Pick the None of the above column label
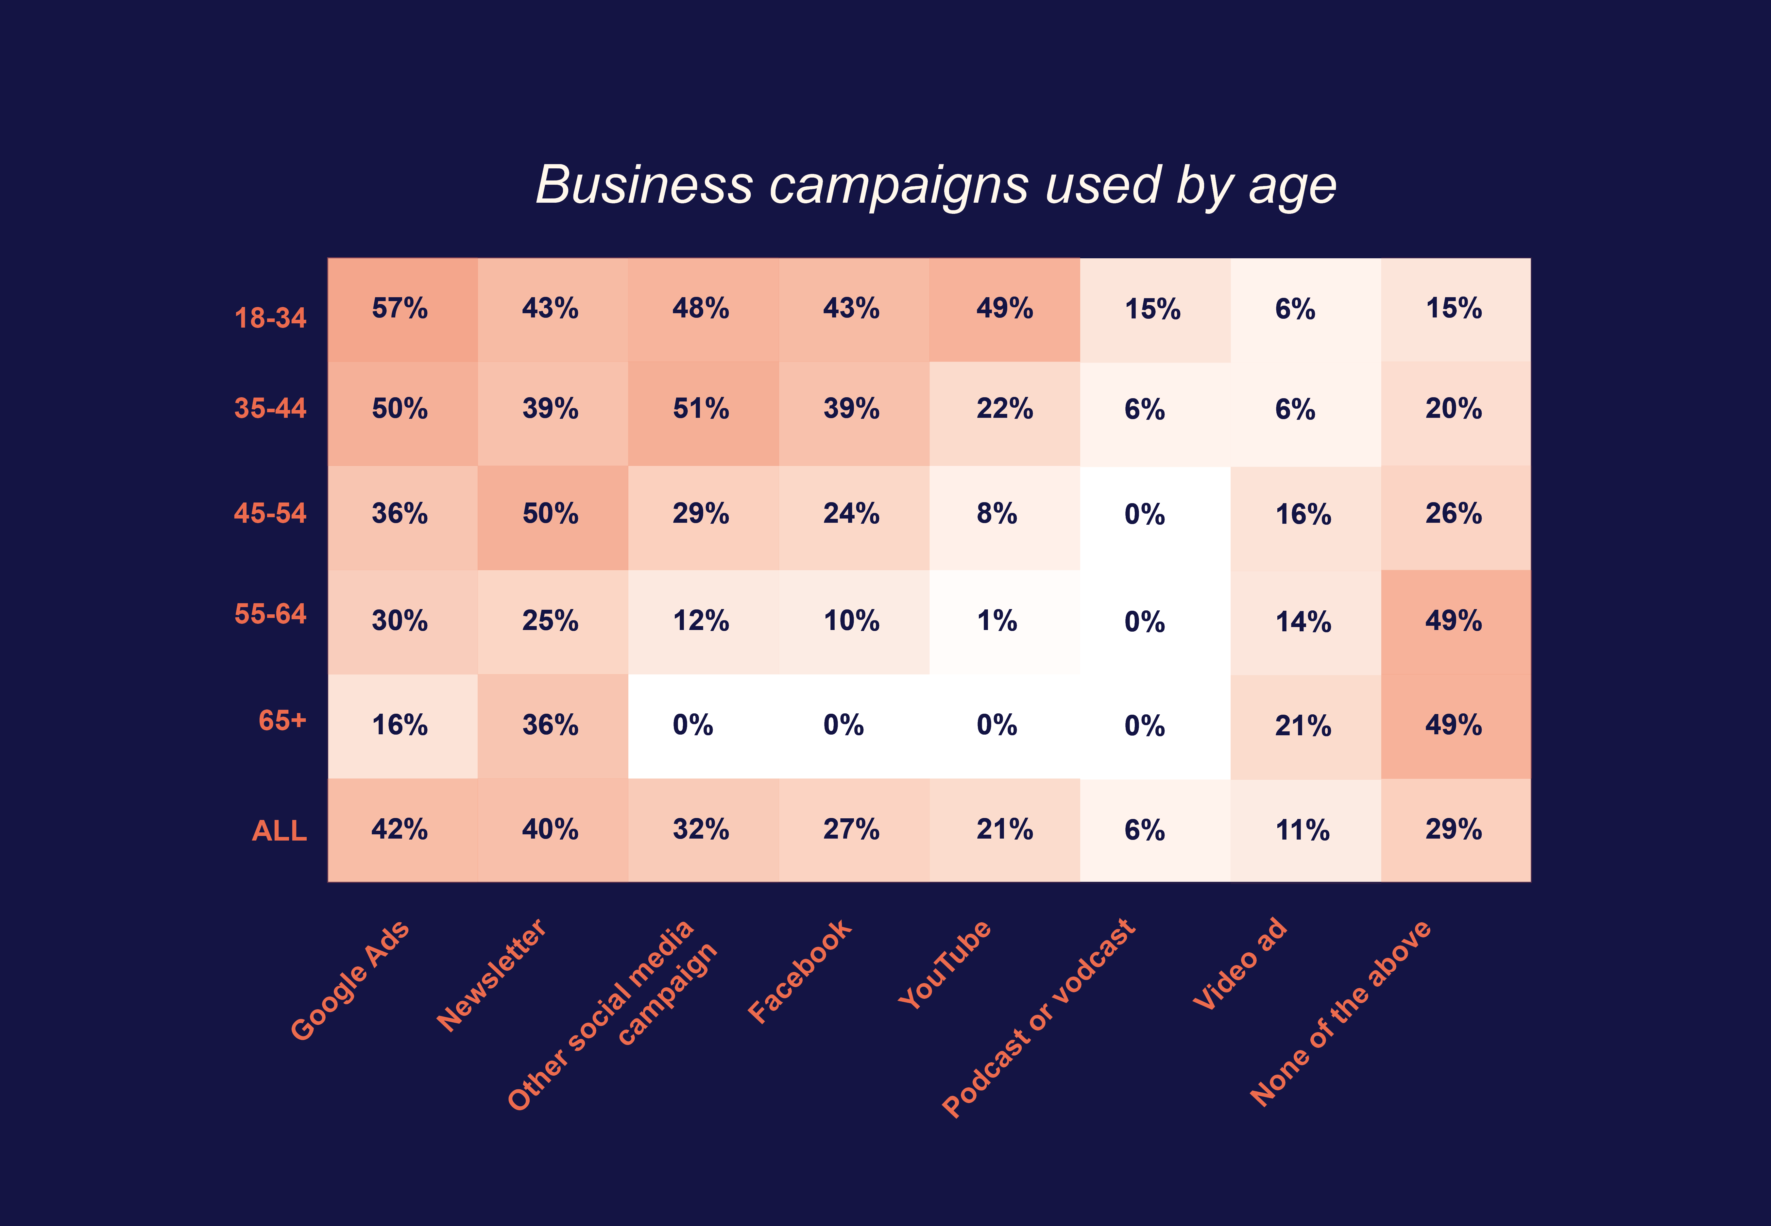pos(1340,1013)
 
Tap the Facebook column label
pos(799,971)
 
